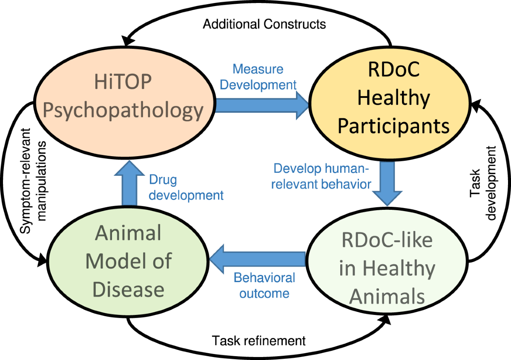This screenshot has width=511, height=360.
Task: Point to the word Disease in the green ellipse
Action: [x=129, y=289]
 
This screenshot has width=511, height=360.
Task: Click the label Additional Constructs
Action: [x=264, y=24]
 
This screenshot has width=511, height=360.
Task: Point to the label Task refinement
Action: [x=259, y=341]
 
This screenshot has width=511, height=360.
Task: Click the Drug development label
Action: [x=186, y=188]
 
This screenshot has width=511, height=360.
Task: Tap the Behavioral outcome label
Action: [x=264, y=285]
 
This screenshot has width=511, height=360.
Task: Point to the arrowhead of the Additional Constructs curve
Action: [x=127, y=39]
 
